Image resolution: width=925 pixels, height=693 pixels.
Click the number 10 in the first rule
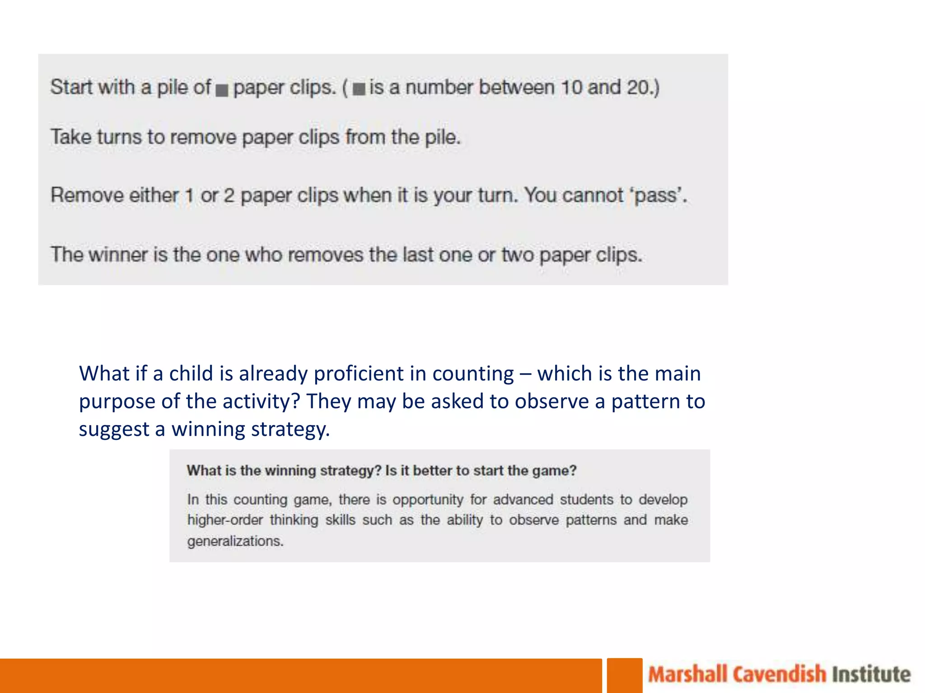click(571, 87)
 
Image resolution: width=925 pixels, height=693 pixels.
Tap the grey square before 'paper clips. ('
click(222, 90)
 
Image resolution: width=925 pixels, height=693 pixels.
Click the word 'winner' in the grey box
click(118, 255)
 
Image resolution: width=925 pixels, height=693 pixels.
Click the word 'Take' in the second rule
click(70, 137)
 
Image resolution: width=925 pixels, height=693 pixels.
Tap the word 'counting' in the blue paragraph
click(472, 374)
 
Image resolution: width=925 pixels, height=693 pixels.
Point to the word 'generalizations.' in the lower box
click(235, 541)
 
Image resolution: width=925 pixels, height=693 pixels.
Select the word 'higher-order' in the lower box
click(225, 520)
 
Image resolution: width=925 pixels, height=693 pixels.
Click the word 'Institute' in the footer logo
click(871, 675)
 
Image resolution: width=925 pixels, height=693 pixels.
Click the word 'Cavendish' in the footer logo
click(779, 675)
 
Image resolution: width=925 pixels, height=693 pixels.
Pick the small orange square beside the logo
click(624, 675)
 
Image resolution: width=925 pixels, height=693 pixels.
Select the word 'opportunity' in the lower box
click(428, 499)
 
